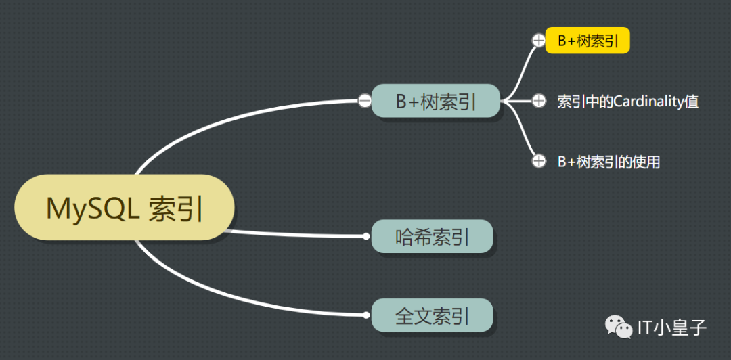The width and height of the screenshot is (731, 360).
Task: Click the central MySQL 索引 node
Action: point(125,207)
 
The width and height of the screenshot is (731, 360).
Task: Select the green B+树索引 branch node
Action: point(435,102)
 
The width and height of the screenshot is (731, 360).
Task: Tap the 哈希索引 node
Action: point(432,236)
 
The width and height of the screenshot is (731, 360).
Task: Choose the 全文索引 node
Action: point(432,315)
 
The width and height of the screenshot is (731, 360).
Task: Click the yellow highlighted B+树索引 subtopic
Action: point(588,41)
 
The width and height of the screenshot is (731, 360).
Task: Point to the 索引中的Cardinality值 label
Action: point(627,102)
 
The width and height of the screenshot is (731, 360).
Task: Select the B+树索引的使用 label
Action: point(608,162)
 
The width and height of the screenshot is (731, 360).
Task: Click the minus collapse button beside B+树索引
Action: point(364,102)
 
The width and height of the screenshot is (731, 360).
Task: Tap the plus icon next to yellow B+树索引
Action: point(538,41)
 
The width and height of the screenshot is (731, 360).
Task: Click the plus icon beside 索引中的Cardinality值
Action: point(539,102)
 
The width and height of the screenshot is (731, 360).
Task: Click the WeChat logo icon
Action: point(619,328)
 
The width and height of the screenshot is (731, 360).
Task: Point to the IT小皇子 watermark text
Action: point(672,328)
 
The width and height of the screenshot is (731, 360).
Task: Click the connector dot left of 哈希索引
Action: point(366,236)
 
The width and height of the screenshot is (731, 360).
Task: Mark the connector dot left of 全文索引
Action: point(366,315)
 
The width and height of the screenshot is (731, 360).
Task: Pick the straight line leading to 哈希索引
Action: point(298,234)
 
